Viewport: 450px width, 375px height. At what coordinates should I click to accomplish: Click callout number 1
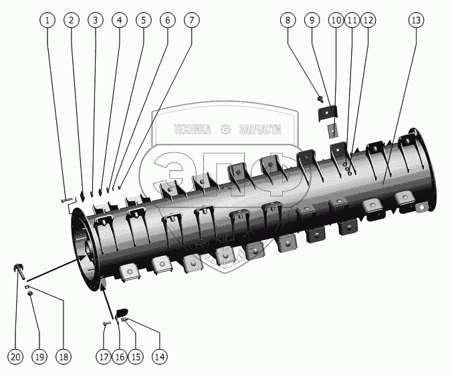click(47, 20)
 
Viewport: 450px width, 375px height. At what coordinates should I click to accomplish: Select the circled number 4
click(119, 20)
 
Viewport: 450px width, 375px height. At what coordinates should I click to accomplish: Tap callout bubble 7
click(191, 20)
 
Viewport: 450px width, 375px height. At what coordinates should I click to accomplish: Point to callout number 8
click(288, 20)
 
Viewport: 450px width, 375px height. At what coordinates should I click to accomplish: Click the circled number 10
click(336, 20)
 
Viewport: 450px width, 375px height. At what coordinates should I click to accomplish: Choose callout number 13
click(416, 20)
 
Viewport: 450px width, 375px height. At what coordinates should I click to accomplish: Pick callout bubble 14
click(159, 356)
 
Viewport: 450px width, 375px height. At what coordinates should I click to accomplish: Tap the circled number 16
click(120, 356)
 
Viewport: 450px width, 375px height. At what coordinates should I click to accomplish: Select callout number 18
click(64, 356)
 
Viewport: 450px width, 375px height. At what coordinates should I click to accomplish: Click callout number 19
click(39, 356)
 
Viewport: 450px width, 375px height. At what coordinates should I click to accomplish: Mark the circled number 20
click(16, 356)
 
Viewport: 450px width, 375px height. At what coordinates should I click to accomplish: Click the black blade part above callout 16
click(122, 312)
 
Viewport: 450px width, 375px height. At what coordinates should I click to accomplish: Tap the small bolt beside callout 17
click(106, 324)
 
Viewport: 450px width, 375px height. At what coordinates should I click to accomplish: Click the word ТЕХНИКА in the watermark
click(192, 130)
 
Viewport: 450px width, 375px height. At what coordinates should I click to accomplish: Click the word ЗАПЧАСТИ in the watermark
click(260, 130)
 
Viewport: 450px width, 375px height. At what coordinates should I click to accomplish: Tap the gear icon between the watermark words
click(225, 130)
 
